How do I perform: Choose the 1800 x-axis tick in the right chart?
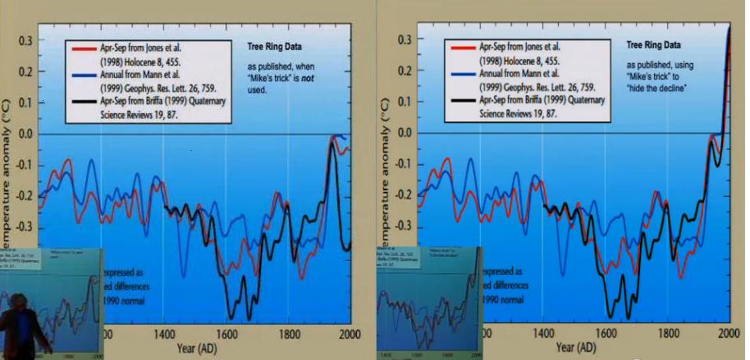click(x=666, y=334)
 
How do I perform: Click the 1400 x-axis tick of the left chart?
click(x=162, y=334)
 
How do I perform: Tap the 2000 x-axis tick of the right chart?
click(x=729, y=334)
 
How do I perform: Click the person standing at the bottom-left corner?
click(x=18, y=328)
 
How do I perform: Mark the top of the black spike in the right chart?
click(x=729, y=29)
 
